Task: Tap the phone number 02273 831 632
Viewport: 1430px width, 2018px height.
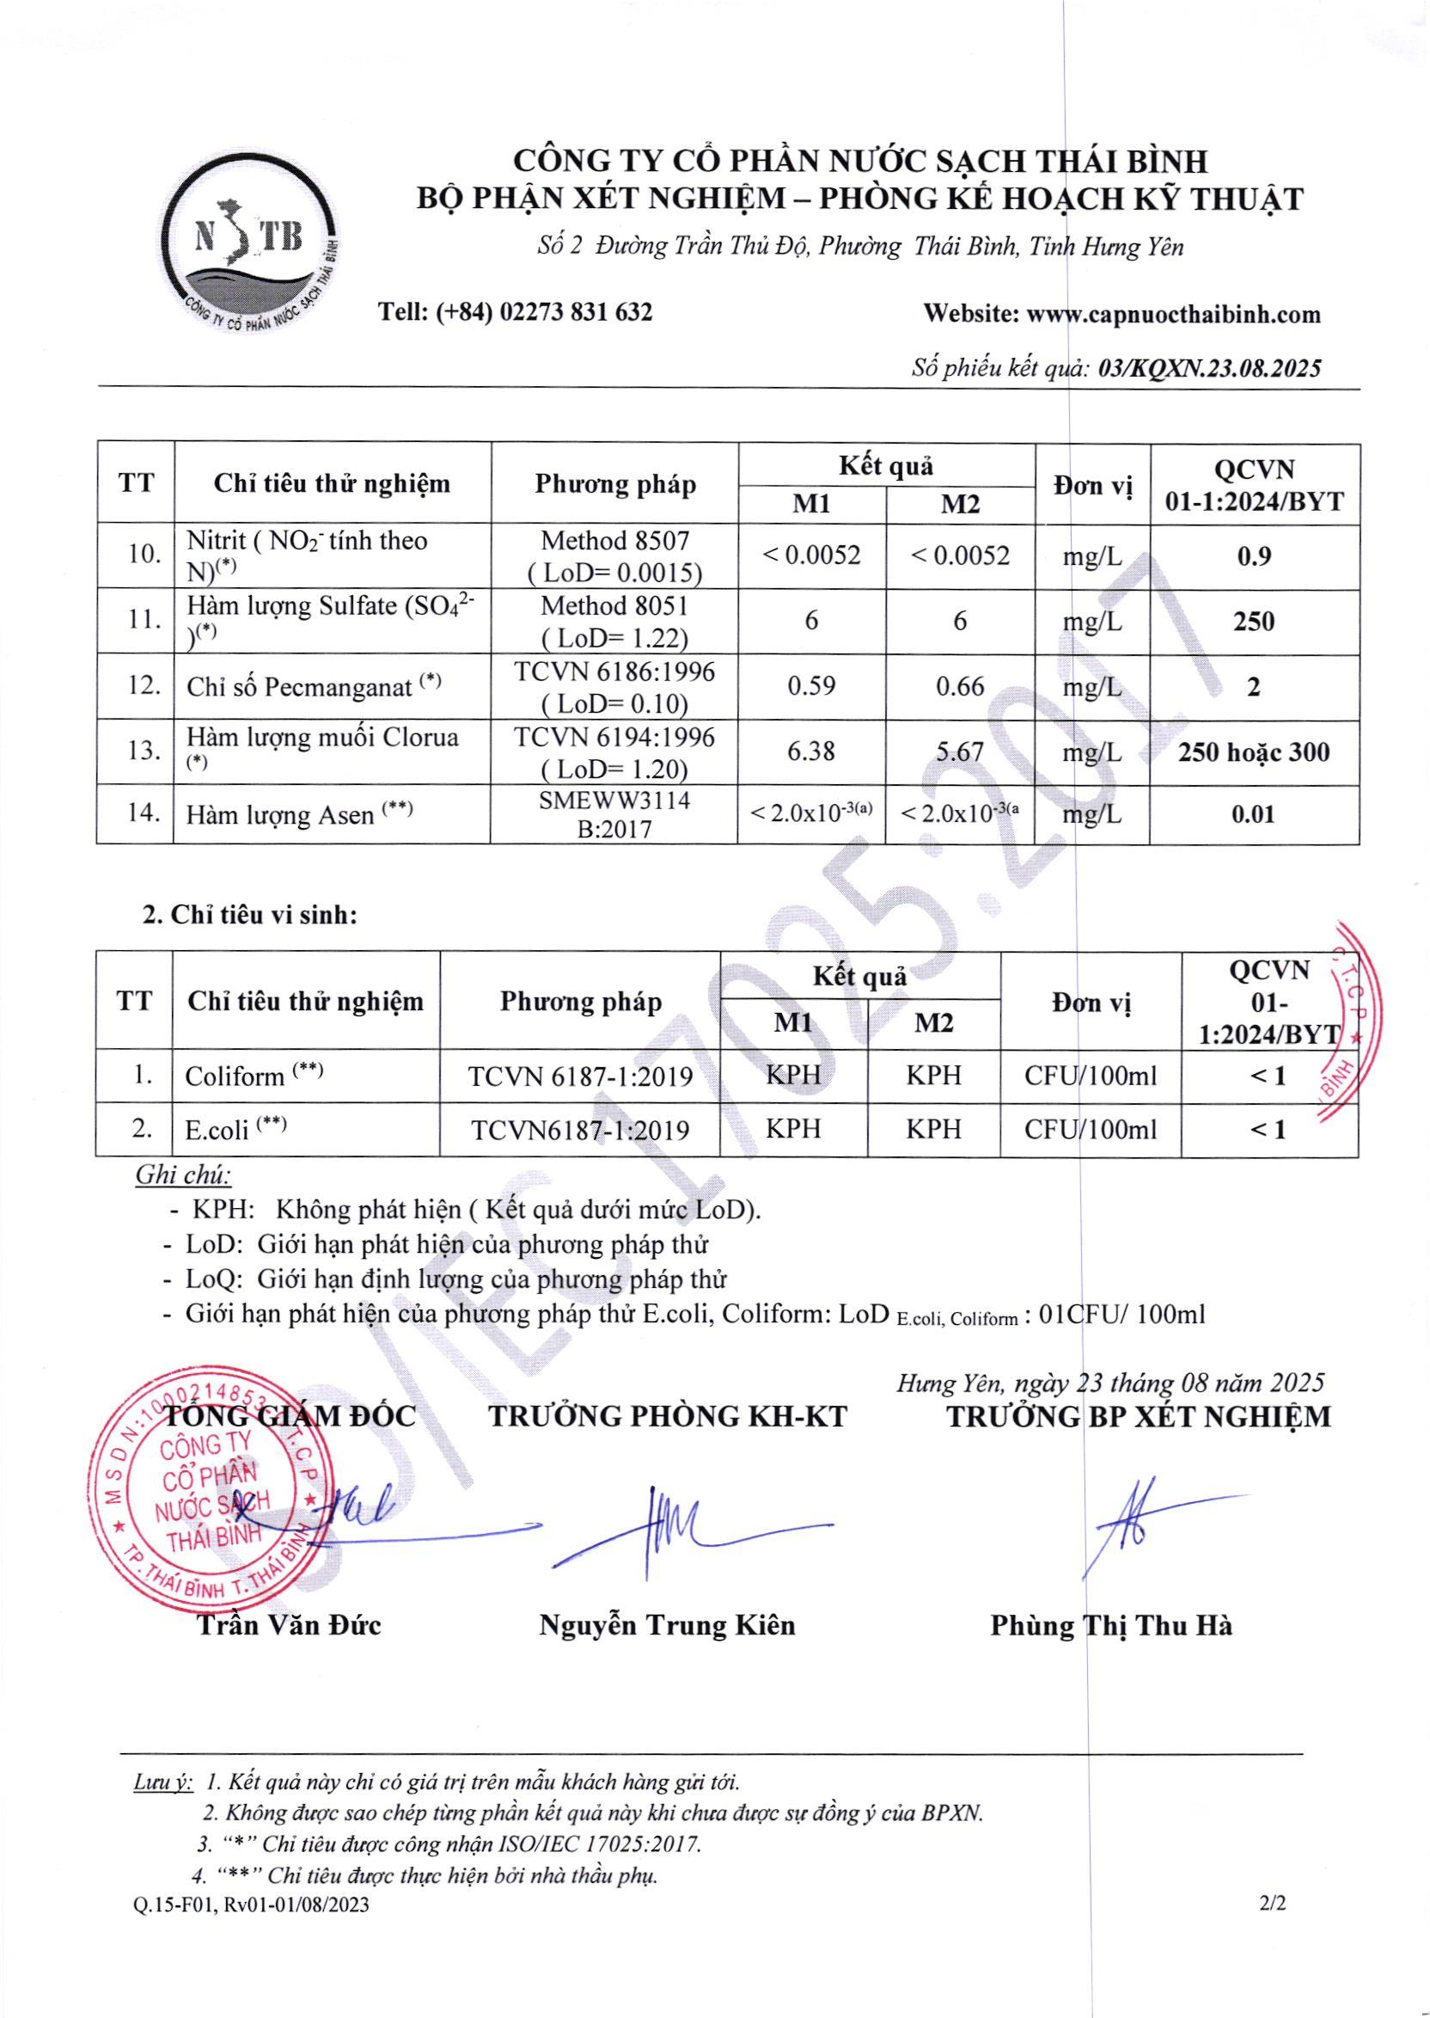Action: (576, 312)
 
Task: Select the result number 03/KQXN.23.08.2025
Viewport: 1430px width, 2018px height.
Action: (1210, 368)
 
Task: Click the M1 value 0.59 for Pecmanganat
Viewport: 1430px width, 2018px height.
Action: (811, 686)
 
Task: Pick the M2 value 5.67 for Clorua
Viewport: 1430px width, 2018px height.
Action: (960, 751)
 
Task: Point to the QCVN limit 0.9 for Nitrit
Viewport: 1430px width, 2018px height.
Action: (1253, 556)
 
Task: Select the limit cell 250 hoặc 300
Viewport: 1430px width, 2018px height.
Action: (1254, 752)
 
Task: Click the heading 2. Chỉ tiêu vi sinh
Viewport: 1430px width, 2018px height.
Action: (251, 914)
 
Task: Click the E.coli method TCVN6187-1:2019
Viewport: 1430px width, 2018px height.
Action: (580, 1130)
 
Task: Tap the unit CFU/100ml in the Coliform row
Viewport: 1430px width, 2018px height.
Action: (1090, 1076)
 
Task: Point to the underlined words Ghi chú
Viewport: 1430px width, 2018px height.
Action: (182, 1175)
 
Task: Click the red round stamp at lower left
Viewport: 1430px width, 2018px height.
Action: (211, 1491)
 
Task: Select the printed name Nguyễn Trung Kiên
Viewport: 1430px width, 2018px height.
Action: (667, 1625)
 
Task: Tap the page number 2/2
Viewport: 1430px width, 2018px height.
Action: (1273, 1904)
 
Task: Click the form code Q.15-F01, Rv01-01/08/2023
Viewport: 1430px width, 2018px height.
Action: (252, 1905)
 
